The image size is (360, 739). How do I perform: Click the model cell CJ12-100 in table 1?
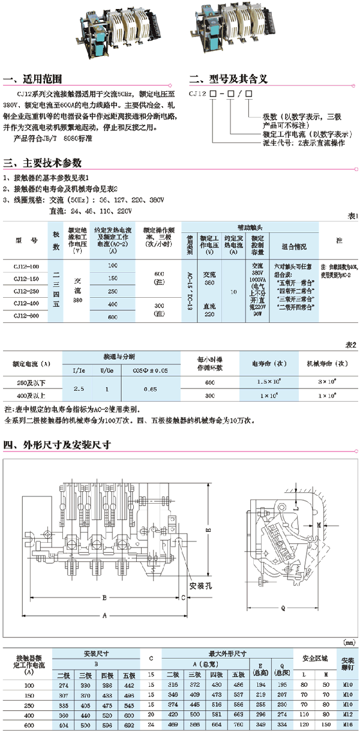[x=26, y=265]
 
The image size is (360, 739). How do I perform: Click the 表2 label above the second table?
[x=351, y=346]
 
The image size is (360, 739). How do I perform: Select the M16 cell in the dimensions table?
[x=347, y=726]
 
